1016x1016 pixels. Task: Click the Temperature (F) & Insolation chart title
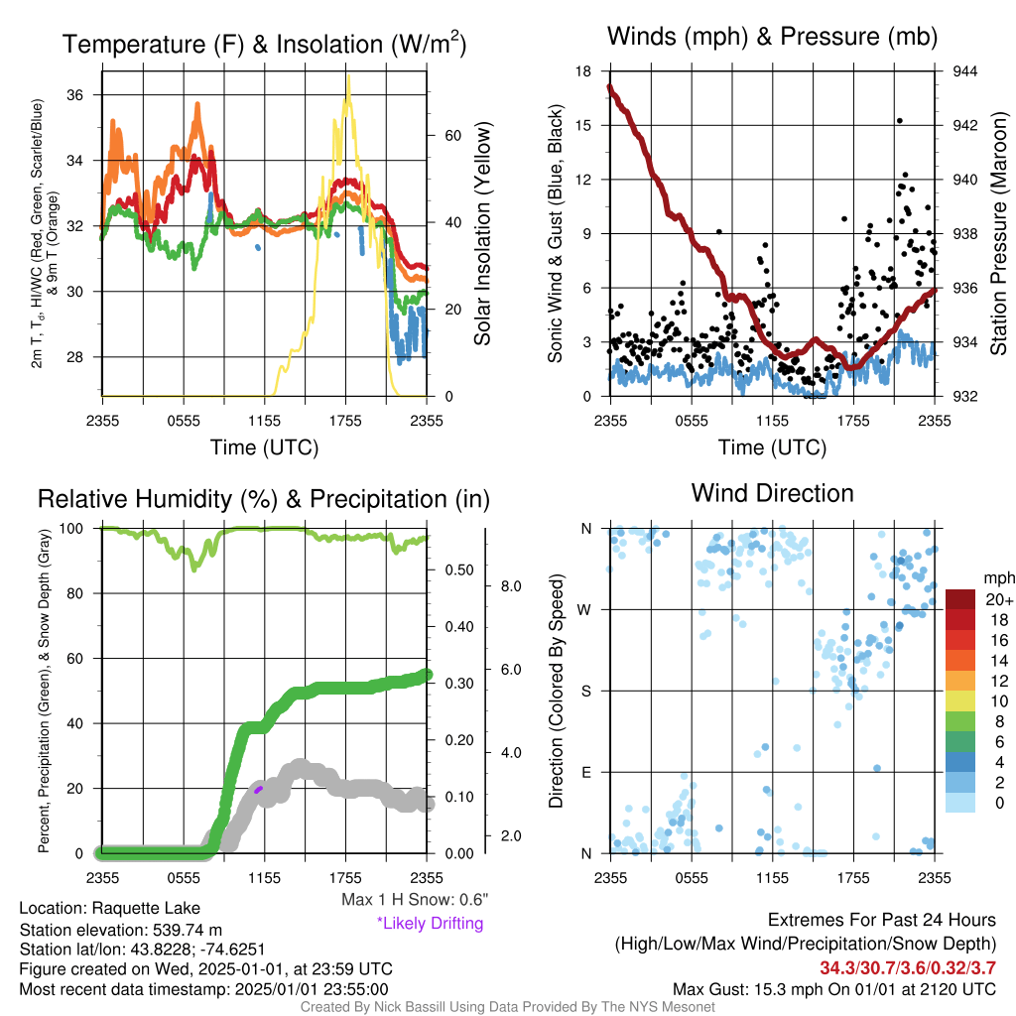264,44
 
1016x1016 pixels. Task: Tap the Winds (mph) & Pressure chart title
772,37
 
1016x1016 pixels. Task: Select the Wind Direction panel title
772,493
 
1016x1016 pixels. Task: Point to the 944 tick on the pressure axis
964,71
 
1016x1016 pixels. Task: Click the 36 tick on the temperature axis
74,95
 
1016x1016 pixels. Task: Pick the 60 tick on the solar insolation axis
452,135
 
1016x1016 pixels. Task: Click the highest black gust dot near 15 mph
899,120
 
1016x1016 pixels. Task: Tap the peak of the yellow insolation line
348,76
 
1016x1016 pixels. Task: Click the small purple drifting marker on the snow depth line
259,789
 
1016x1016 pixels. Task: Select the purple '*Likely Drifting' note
431,923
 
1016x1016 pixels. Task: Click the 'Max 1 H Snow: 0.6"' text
415,899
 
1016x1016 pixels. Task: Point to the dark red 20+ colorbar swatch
959,599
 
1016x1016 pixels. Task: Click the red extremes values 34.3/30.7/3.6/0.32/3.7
908,968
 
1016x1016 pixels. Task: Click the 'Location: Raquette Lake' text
109,908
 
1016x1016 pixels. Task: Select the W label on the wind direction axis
584,610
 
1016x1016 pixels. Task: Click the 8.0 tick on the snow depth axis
511,586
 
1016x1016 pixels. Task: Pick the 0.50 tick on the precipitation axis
458,571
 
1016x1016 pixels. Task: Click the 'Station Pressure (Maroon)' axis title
998,233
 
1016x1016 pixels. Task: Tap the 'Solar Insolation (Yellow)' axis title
482,233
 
